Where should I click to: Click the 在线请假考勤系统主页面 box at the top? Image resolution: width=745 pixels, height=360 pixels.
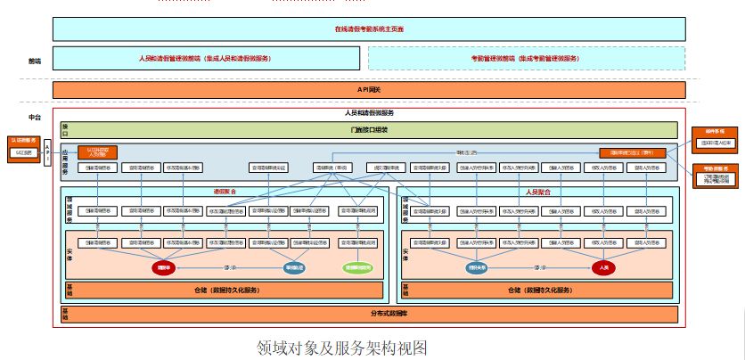click(369, 29)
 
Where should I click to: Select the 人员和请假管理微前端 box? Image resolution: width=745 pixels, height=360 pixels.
click(206, 58)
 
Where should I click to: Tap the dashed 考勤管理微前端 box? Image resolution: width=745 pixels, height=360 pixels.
click(526, 58)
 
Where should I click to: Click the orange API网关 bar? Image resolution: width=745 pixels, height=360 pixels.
click(369, 90)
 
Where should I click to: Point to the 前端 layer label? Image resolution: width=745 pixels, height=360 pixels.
click(35, 61)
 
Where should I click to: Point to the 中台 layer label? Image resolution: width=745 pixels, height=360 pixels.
click(35, 117)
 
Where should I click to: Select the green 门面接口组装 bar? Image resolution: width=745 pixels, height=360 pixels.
click(369, 130)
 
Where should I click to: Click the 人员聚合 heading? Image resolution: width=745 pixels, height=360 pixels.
click(537, 192)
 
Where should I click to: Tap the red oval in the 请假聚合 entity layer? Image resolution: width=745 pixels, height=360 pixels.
click(163, 266)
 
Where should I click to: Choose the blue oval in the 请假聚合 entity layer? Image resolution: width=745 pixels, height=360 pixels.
click(294, 266)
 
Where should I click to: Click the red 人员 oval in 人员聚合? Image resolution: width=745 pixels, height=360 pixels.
click(604, 266)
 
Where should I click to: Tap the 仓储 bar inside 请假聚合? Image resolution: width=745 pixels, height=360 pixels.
click(226, 290)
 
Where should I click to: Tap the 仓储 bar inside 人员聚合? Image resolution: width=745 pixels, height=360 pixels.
click(537, 290)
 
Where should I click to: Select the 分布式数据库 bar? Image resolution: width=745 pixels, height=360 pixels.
click(369, 314)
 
